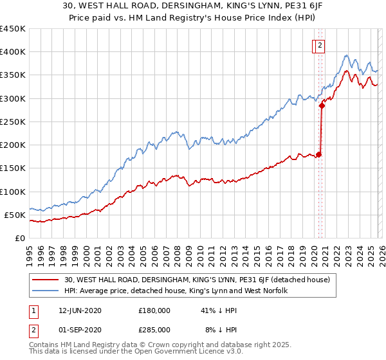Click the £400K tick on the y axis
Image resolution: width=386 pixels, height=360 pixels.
pyautogui.click(x=12, y=52)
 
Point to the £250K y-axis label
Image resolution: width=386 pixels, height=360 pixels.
pyautogui.click(x=12, y=122)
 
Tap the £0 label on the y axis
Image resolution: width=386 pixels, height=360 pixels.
pyautogui.click(x=19, y=238)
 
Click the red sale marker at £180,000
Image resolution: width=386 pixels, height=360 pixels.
pyautogui.click(x=318, y=154)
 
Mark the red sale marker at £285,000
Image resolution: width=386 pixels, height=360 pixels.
pyautogui.click(x=322, y=106)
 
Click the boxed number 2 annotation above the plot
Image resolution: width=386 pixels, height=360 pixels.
pyautogui.click(x=320, y=45)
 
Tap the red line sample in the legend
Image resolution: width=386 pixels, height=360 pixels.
pyautogui.click(x=46, y=280)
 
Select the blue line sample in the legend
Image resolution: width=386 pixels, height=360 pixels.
pyautogui.click(x=46, y=291)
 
